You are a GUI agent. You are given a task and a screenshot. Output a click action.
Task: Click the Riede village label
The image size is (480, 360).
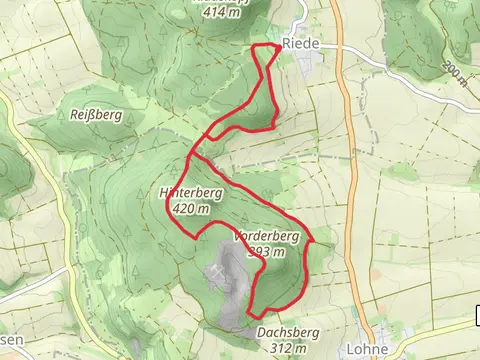[x=299, y=44]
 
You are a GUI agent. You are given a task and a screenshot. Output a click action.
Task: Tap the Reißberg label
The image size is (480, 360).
[x=96, y=116]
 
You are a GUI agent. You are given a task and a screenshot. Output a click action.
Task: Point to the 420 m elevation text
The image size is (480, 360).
[x=190, y=209]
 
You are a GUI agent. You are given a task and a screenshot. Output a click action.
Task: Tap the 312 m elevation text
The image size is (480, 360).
[x=287, y=347]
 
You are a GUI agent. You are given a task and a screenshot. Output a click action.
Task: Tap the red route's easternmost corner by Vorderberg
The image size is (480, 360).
[x=313, y=241]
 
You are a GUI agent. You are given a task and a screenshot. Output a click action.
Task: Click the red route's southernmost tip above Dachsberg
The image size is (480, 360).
[x=249, y=318]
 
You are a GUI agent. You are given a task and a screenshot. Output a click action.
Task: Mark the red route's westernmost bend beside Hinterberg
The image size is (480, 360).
[x=166, y=205]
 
